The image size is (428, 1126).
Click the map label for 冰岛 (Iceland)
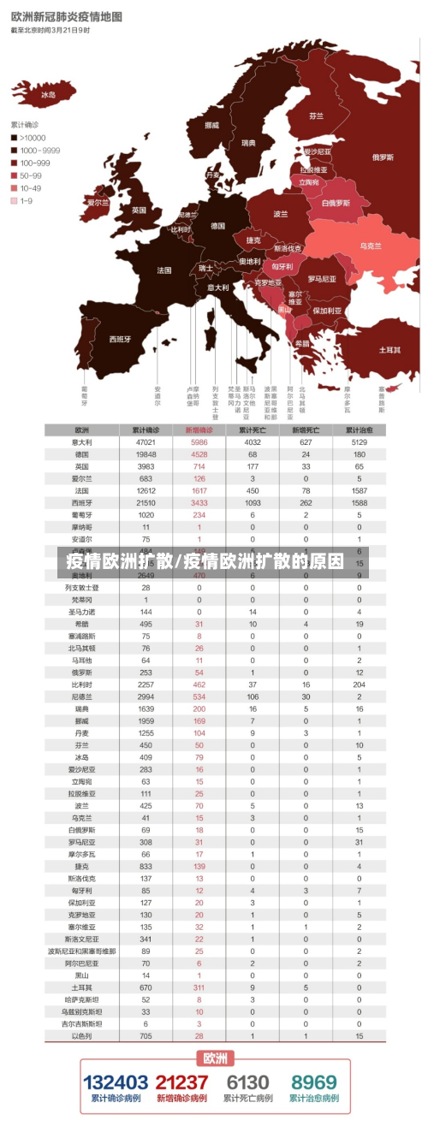click(x=48, y=95)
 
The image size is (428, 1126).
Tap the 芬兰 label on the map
click(x=317, y=116)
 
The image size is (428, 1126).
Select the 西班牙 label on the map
click(x=120, y=339)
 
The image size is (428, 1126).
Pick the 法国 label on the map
click(x=164, y=270)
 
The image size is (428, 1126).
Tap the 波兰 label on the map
click(x=281, y=214)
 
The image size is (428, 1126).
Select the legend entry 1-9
click(x=27, y=201)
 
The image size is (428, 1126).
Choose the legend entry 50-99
click(x=31, y=175)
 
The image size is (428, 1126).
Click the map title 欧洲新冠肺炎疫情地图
click(x=66, y=16)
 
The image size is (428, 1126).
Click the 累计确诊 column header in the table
click(x=146, y=430)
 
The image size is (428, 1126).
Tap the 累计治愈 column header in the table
click(x=359, y=430)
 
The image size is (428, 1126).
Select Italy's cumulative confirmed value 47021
click(x=146, y=442)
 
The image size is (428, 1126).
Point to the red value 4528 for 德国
click(x=199, y=454)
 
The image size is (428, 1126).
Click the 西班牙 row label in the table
click(x=82, y=503)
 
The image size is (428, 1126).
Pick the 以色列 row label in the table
click(x=82, y=1036)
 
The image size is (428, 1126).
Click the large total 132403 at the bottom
click(x=116, y=1083)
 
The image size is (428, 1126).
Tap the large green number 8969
click(x=313, y=1083)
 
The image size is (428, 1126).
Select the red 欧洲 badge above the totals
click(x=215, y=1058)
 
